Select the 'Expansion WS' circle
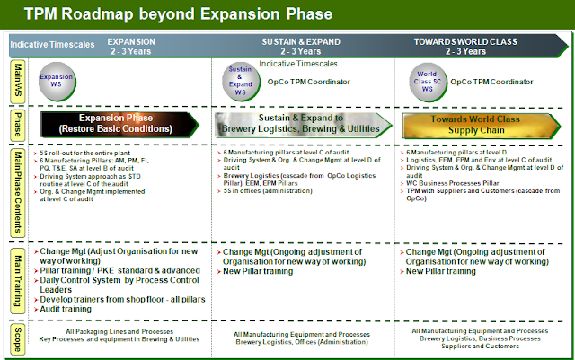[56, 80]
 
